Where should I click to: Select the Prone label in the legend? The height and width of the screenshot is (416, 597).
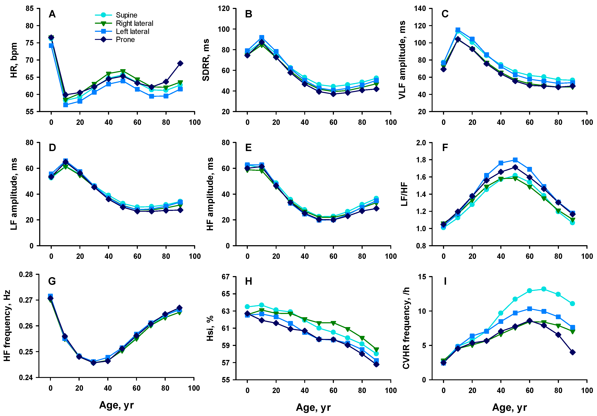(125, 40)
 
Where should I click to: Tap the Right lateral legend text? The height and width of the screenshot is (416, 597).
(134, 23)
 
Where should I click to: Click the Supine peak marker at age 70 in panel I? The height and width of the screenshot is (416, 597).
(543, 289)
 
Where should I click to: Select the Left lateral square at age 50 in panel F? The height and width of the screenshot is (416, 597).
(515, 160)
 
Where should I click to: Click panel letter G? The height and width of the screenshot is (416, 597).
(52, 281)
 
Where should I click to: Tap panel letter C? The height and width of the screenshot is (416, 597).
(445, 14)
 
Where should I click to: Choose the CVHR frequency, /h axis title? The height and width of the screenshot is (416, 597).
(406, 328)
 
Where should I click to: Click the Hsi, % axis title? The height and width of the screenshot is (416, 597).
(210, 328)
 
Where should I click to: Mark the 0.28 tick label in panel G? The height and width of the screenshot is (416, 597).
(26, 275)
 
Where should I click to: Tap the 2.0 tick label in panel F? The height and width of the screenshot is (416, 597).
(421, 143)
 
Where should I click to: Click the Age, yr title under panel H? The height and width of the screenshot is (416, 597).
(313, 407)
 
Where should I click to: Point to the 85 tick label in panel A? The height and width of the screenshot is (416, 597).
(29, 9)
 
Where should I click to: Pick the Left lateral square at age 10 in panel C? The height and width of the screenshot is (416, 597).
(458, 30)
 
